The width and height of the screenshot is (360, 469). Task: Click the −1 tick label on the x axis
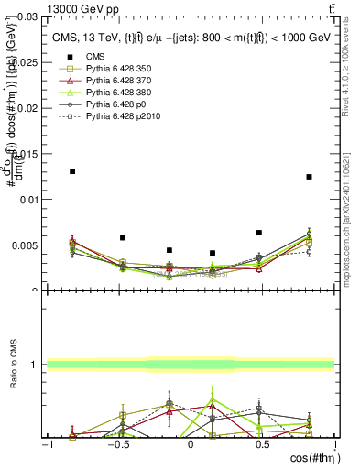(46, 445)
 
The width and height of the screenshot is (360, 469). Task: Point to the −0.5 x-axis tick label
(116, 445)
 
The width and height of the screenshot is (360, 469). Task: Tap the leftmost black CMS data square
(72, 171)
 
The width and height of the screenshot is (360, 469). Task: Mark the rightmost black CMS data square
(309, 177)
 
